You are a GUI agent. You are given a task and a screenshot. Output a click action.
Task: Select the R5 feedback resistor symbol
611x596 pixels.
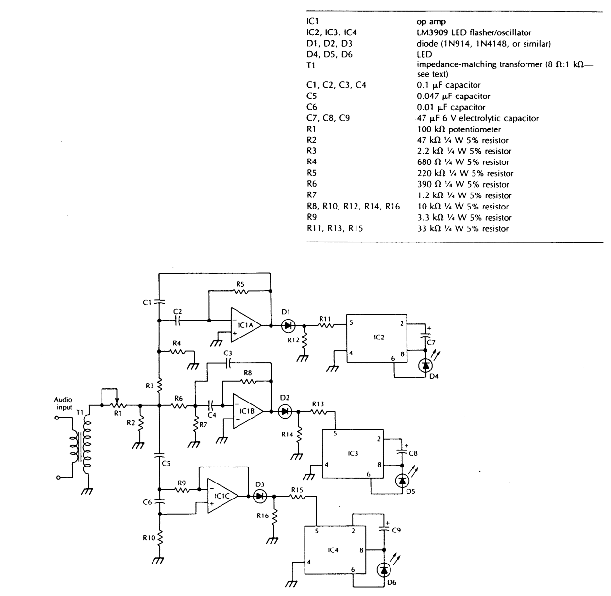(240, 291)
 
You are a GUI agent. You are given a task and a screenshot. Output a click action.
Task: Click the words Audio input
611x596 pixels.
(63, 403)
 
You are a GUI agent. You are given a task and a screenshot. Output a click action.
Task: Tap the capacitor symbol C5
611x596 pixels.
(159, 455)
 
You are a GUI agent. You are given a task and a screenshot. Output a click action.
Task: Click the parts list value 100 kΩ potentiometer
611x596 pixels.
(458, 129)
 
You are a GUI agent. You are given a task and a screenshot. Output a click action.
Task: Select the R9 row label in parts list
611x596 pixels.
(311, 218)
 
